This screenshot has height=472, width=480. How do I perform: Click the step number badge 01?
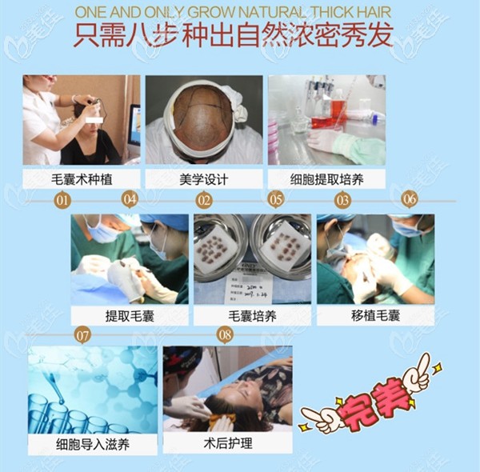[62, 200]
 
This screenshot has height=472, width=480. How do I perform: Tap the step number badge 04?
[130, 200]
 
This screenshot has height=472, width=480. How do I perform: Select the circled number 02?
[204, 200]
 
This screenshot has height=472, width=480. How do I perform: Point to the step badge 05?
[276, 200]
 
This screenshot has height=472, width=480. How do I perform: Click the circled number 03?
[342, 200]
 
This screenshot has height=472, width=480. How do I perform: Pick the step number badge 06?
[410, 198]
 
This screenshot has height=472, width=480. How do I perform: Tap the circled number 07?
[82, 335]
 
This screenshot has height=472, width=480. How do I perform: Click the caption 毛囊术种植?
[80, 178]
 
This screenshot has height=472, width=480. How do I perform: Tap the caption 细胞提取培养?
[327, 178]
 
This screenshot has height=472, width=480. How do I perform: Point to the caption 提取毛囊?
[129, 315]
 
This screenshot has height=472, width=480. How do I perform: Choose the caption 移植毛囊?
[376, 315]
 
